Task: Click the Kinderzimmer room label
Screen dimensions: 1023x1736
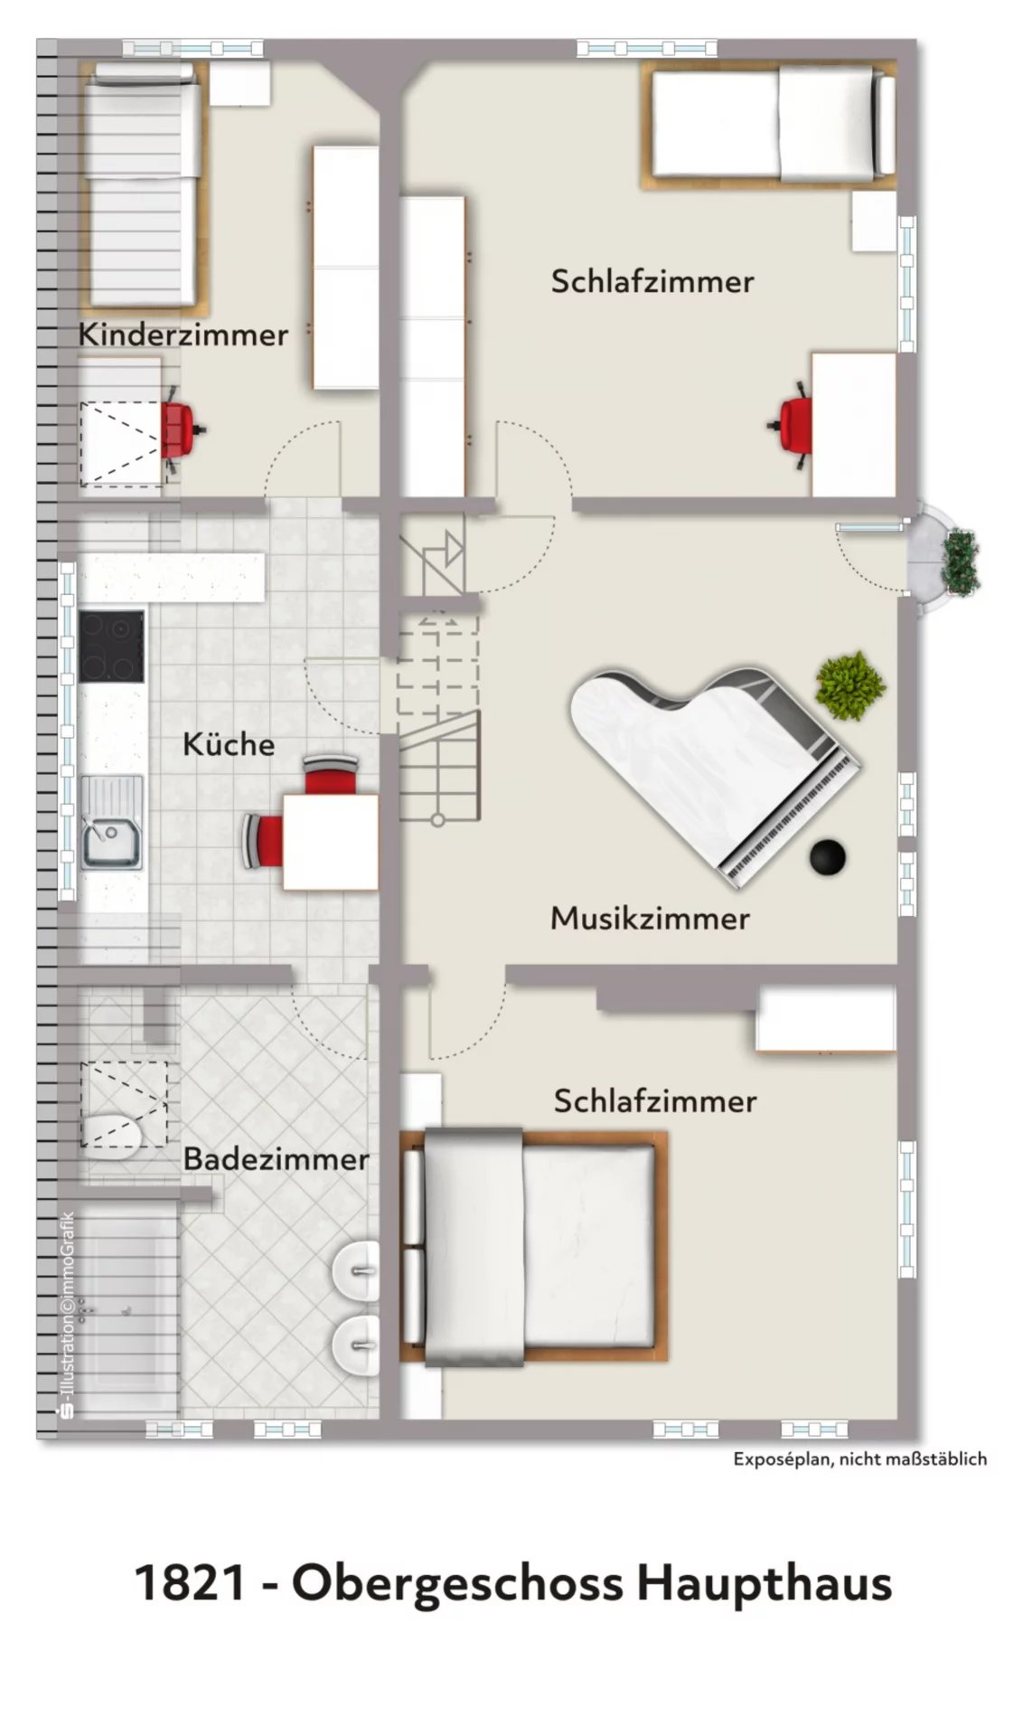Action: (183, 334)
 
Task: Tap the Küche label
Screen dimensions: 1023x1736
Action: (229, 743)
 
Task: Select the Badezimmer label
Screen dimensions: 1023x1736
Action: (276, 1158)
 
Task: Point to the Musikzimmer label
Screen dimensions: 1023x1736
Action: (650, 918)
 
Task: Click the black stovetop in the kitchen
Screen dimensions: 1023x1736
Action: (111, 646)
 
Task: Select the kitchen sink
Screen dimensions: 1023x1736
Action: (111, 822)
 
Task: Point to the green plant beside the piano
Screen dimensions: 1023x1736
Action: (850, 684)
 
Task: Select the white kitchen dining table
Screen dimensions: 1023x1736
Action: (330, 842)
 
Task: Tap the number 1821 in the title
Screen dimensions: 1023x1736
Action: (190, 1583)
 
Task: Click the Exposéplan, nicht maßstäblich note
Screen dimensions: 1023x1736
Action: (859, 1458)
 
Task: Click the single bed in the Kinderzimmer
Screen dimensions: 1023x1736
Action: (143, 184)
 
